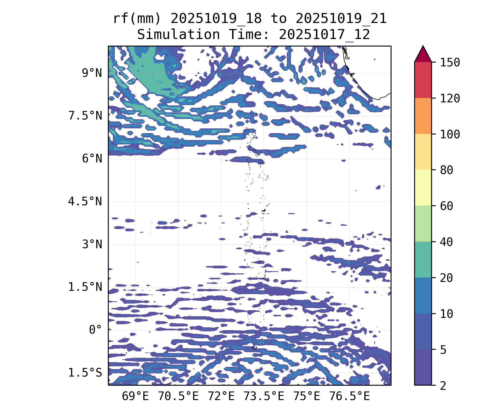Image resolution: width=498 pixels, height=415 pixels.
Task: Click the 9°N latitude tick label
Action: [x=92, y=73]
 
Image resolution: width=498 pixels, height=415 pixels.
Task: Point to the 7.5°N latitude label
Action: [x=85, y=116]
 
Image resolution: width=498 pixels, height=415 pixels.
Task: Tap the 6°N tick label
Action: [x=92, y=159]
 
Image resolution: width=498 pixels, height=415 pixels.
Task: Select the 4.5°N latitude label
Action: [x=85, y=201]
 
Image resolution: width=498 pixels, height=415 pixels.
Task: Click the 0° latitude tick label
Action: [x=95, y=330]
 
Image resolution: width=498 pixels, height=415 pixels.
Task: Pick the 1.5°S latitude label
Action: [x=85, y=373]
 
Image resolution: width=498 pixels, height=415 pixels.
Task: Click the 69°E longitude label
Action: [x=135, y=396]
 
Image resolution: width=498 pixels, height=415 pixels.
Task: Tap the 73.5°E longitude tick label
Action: [x=264, y=396]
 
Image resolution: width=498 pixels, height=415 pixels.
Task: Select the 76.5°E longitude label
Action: [x=349, y=396]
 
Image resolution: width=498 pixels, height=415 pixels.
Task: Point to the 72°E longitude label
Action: [x=221, y=396]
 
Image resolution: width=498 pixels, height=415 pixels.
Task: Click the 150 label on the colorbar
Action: [x=450, y=63]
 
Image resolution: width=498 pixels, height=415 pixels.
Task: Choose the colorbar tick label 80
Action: [x=447, y=170]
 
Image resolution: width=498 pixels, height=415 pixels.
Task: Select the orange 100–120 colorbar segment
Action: [x=423, y=116]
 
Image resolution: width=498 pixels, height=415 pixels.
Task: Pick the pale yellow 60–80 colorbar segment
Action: [x=423, y=188]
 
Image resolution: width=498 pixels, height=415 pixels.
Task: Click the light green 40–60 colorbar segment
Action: [x=423, y=224]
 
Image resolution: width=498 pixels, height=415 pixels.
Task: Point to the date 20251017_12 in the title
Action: [x=324, y=35]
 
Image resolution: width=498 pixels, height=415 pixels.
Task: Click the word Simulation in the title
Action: [x=178, y=35]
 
